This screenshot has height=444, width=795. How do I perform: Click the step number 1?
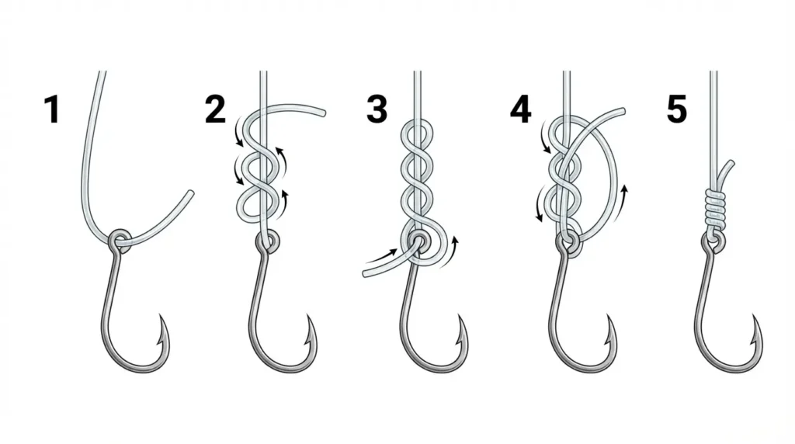(52, 109)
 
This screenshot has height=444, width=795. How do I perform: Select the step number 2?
(216, 109)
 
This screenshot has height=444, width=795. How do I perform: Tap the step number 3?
(377, 109)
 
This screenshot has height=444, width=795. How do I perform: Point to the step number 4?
(521, 109)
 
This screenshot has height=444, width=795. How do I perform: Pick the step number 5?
(677, 109)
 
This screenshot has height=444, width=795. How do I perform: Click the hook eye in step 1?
(120, 238)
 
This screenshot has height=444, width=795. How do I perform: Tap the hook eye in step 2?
(268, 241)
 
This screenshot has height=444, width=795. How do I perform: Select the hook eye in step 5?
(714, 241)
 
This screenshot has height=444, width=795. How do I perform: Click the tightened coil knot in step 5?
(715, 208)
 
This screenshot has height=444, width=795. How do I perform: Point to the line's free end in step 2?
(322, 112)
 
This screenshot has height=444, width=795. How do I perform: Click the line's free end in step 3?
(366, 274)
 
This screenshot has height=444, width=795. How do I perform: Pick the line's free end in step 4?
(622, 111)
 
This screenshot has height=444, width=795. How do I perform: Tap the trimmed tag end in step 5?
(731, 163)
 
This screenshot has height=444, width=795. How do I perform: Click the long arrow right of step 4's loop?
(622, 205)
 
